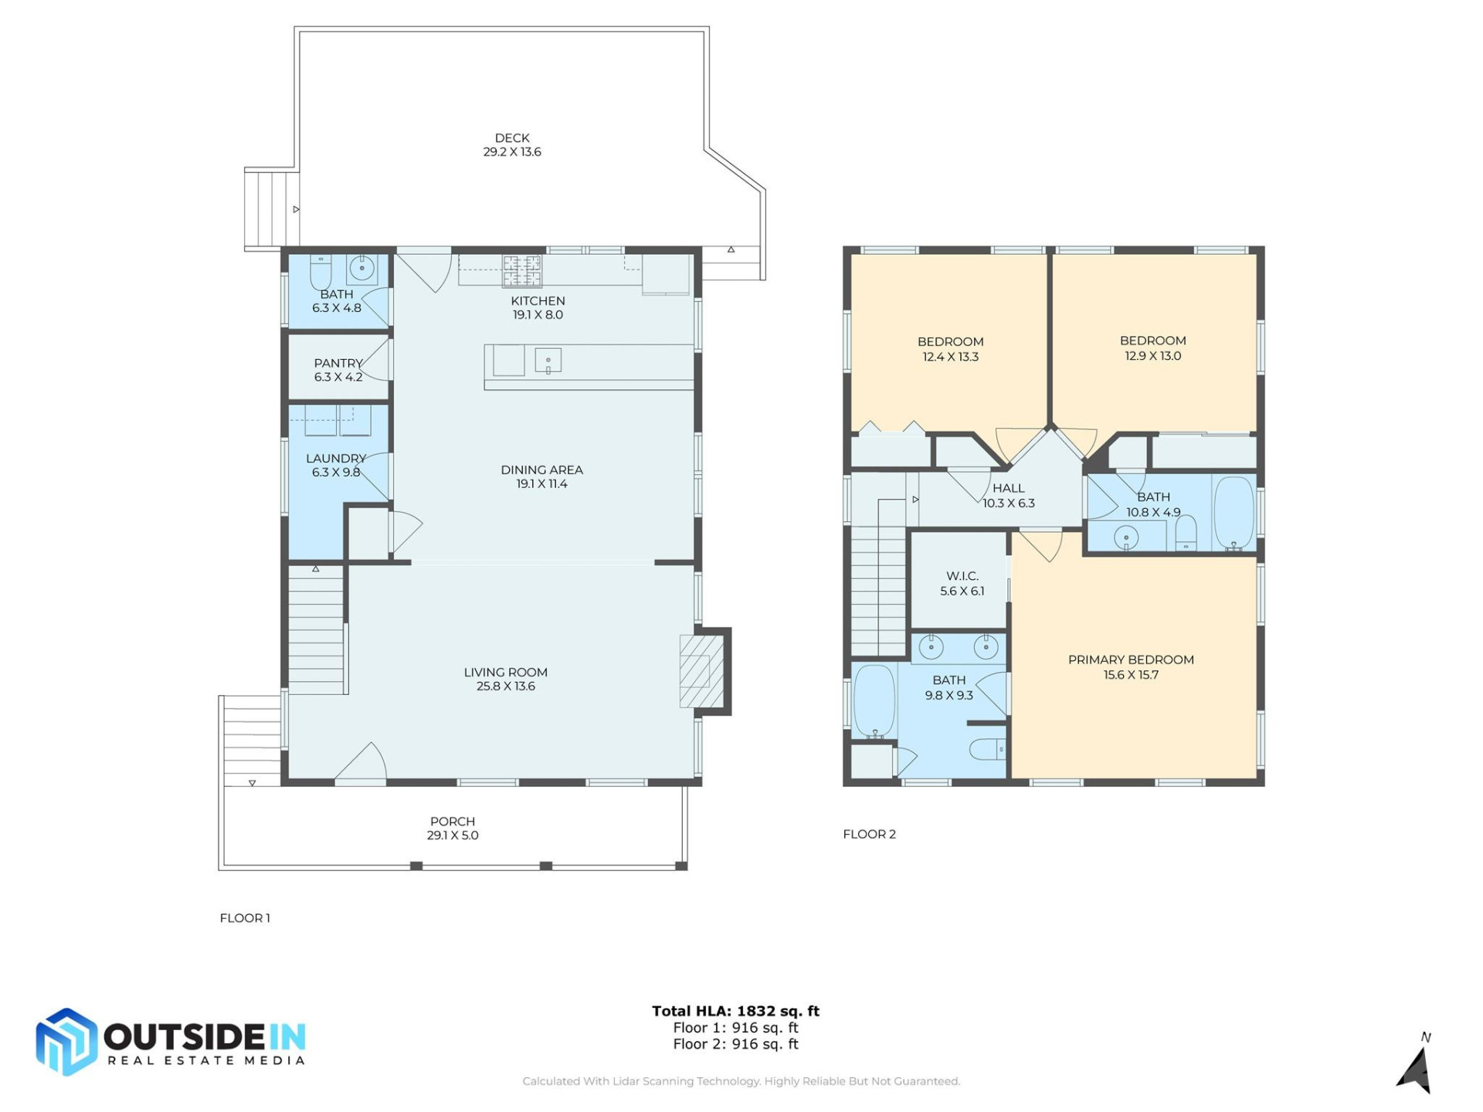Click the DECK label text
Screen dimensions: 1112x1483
(511, 138)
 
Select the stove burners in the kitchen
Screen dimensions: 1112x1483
(522, 271)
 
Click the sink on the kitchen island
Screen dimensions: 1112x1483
(548, 361)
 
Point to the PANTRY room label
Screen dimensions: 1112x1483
(338, 363)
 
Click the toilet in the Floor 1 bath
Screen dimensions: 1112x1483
(321, 271)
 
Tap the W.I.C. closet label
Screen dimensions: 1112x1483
(962, 576)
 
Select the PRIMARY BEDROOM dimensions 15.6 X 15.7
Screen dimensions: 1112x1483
(1130, 675)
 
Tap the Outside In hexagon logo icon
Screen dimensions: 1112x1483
(66, 1042)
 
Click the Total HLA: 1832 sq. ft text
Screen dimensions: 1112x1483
(735, 1011)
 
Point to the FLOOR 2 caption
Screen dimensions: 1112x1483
(869, 834)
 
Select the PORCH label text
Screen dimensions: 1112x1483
(452, 822)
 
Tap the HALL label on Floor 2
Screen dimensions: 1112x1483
(1008, 488)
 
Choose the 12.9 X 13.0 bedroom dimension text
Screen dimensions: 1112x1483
(1152, 356)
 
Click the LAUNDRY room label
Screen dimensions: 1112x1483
(335, 459)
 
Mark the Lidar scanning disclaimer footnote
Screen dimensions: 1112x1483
(741, 1081)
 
